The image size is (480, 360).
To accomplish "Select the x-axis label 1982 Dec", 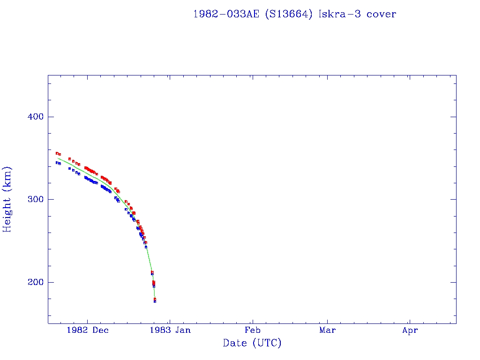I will pos(88,330).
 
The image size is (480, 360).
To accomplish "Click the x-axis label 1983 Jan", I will pos(170,330).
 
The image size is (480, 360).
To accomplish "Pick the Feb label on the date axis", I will pos(252,330).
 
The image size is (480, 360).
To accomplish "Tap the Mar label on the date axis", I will pos(327,330).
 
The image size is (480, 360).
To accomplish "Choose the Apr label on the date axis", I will pos(410,330).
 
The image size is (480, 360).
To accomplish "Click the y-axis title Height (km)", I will pos(7,199).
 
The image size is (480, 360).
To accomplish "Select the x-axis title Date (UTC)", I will pos(252,344).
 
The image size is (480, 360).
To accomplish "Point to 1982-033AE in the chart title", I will pos(226,14).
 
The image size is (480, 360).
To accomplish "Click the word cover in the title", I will pos(382,14).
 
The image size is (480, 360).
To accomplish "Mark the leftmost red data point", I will pos(57,153).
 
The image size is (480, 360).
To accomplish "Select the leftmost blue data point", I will pos(57,163).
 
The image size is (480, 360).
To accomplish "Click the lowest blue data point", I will pos(155,301).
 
